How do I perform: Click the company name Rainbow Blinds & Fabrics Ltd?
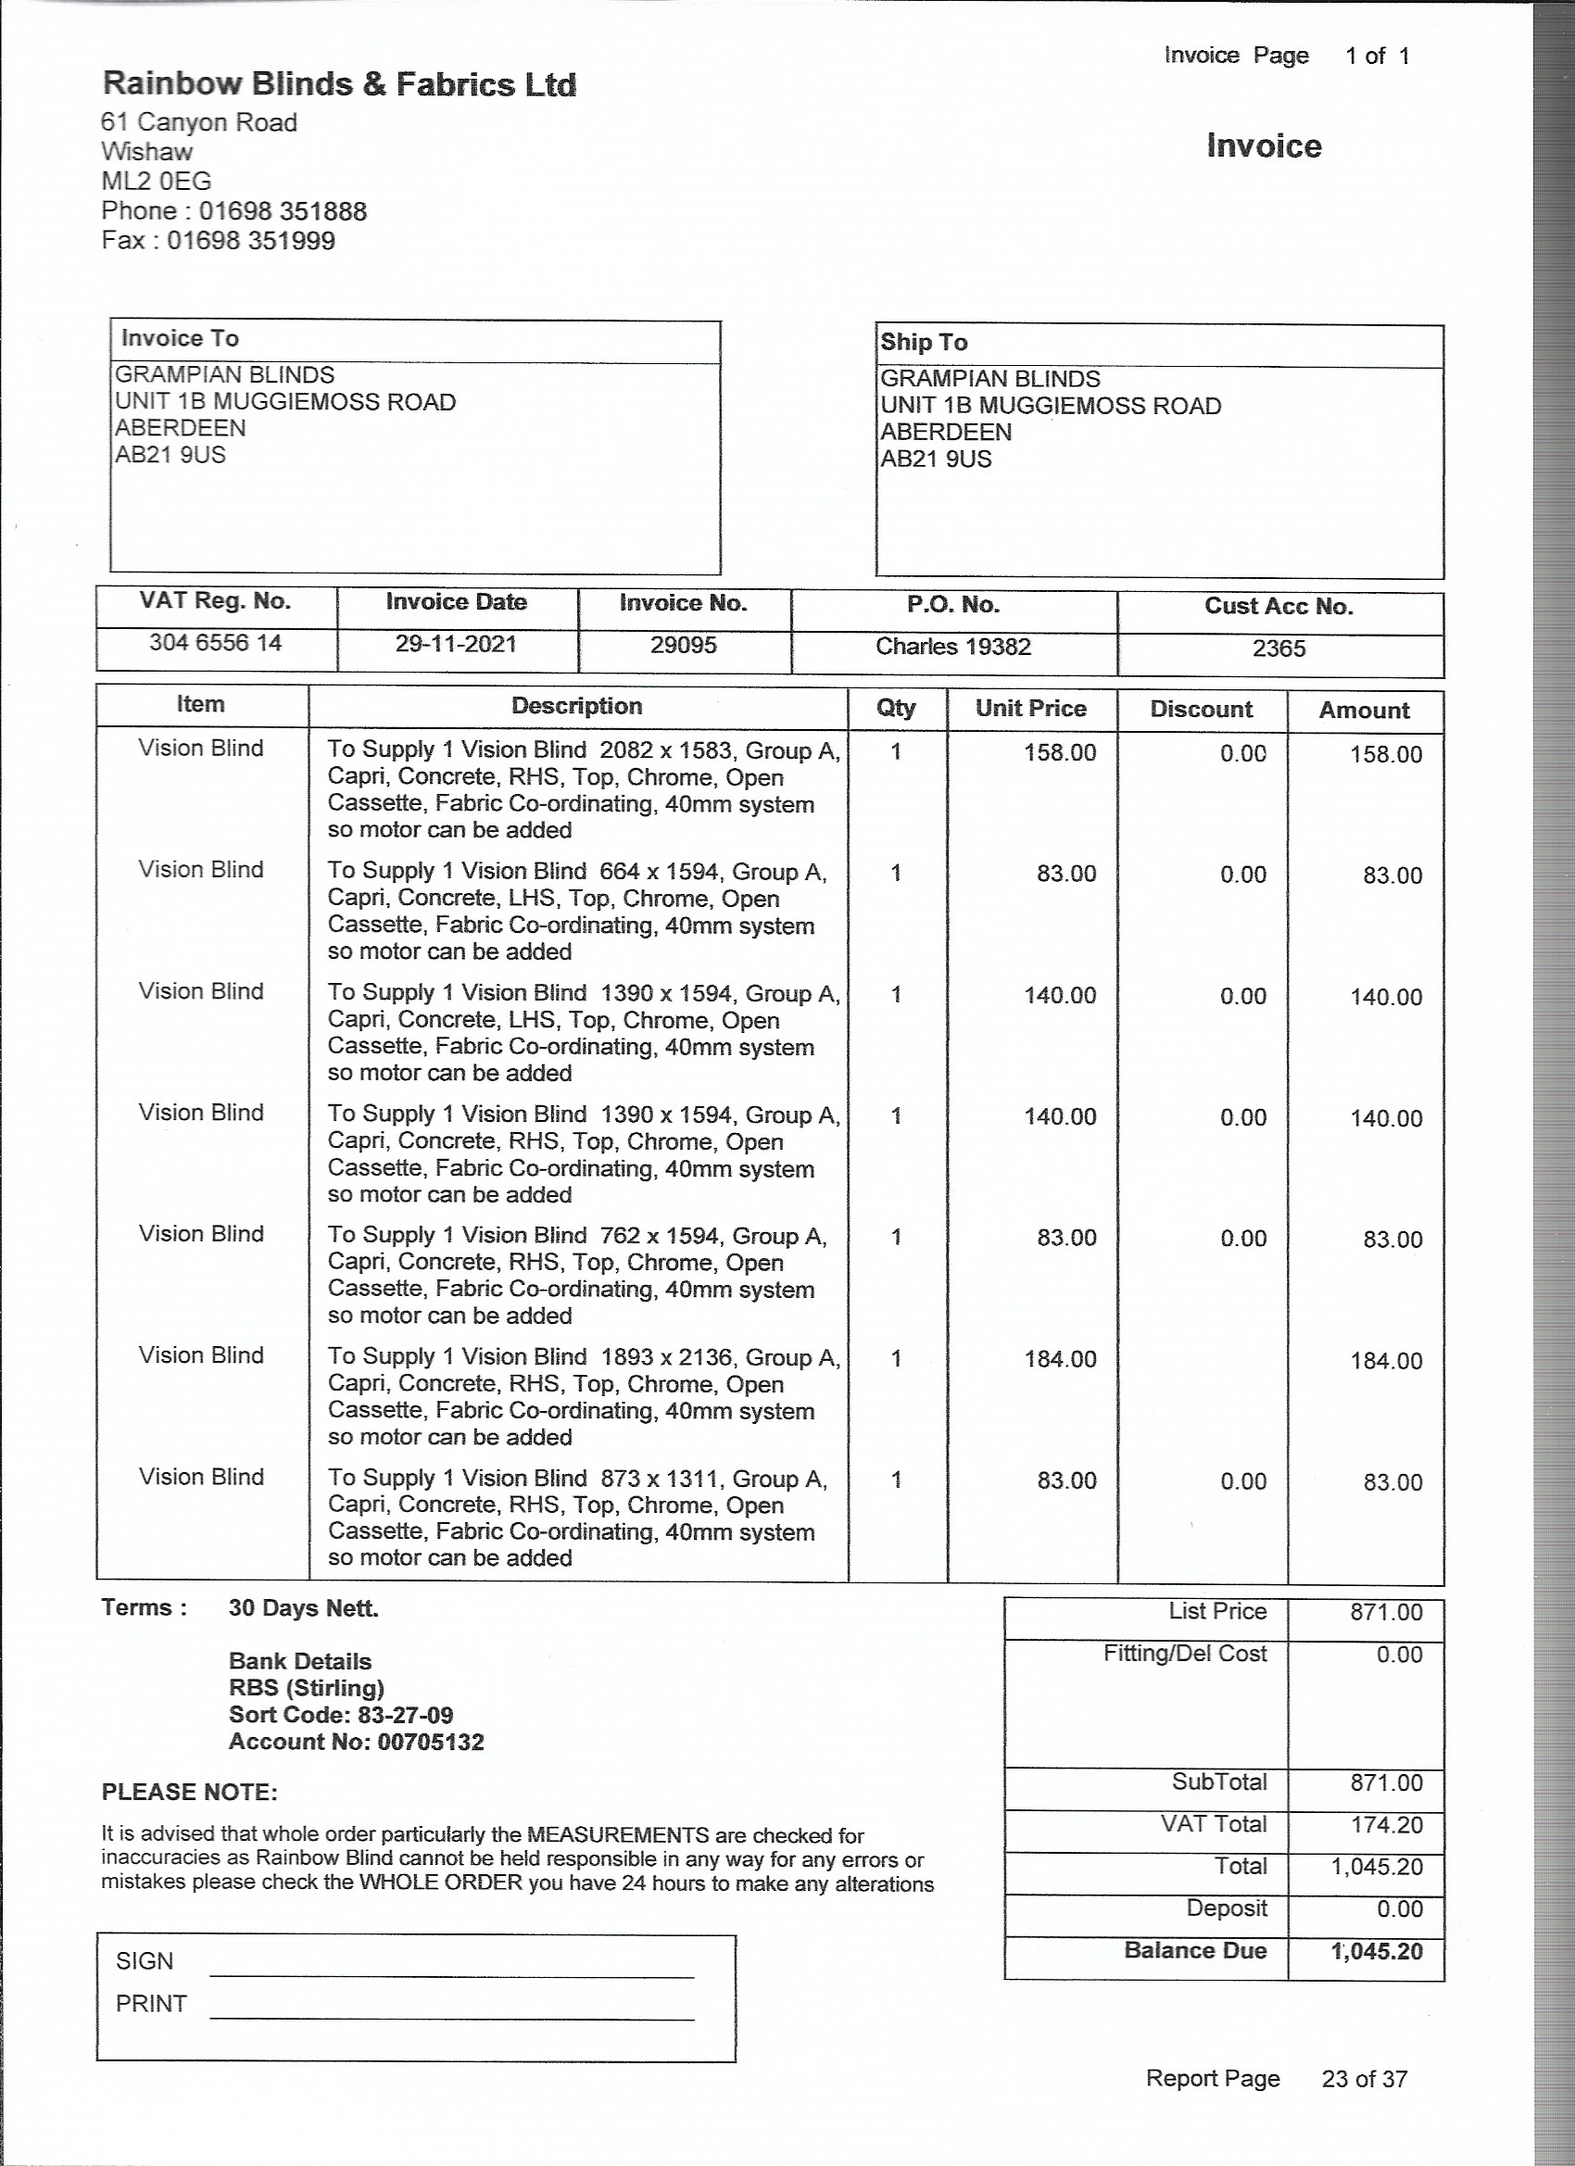point(339,85)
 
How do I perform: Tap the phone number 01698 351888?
point(283,211)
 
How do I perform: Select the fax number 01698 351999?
point(251,241)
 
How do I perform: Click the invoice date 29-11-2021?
point(456,645)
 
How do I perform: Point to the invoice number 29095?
point(683,646)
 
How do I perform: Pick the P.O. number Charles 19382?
point(953,648)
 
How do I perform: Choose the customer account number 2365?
point(1278,649)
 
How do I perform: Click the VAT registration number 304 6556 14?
point(215,643)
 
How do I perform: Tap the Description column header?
point(576,707)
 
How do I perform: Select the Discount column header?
point(1201,710)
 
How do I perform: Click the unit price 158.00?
point(1060,752)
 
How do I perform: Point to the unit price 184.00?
point(1060,1359)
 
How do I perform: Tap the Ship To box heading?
point(924,343)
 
